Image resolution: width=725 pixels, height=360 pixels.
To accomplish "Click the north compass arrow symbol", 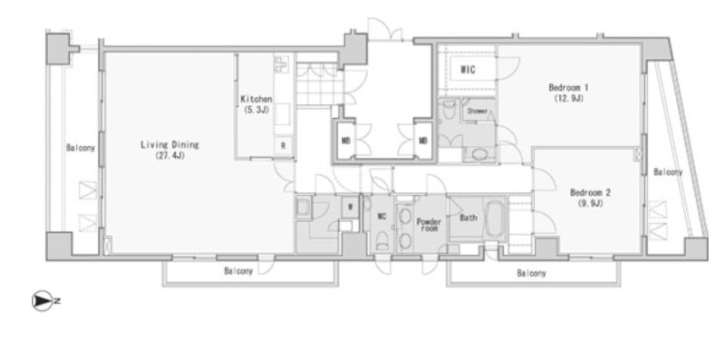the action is coord(42,301).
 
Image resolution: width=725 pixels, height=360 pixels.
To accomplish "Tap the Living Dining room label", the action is coord(169,145).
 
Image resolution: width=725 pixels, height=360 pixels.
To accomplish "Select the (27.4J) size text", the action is coord(170,156).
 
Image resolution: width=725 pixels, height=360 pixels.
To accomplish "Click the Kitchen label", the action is coord(256,99).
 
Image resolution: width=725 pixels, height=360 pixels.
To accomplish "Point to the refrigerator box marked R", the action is coord(283,145).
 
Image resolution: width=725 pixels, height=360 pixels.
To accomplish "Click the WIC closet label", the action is coord(468,71).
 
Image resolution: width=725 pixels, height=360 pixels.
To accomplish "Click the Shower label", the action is coord(478,111).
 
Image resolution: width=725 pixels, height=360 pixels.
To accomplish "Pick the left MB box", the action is coord(345,141).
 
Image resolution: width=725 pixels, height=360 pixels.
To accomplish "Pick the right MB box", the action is coord(422,141).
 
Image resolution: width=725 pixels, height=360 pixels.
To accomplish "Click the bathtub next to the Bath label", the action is coord(494,218).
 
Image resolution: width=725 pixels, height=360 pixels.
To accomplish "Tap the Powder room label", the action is coord(429,225).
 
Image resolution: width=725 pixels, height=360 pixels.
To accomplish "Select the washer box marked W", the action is coord(350,207).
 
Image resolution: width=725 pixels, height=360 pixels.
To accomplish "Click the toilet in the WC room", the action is coord(382,238).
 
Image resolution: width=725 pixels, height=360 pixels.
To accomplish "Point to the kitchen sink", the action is coord(281,64).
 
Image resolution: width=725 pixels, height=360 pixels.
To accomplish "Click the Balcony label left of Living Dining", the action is coord(81,148).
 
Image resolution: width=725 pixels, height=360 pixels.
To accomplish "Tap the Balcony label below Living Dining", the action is coord(238,271).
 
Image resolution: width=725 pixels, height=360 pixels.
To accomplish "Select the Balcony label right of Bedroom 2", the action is coord(668,172).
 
